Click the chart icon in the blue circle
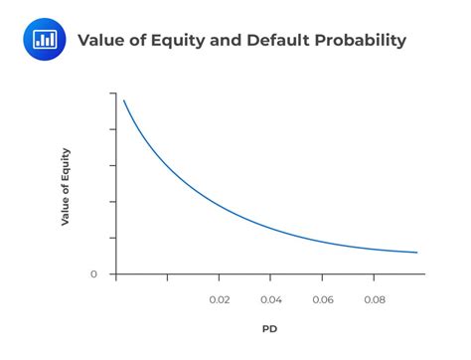[45, 40]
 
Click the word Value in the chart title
[99, 41]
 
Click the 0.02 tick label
[219, 297]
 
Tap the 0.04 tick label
[270, 297]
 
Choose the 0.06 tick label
[323, 297]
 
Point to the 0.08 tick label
[375, 297]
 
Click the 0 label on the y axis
[94, 273]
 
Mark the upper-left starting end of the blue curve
[123, 100]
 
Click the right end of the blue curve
[417, 253]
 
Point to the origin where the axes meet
[115, 273]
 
